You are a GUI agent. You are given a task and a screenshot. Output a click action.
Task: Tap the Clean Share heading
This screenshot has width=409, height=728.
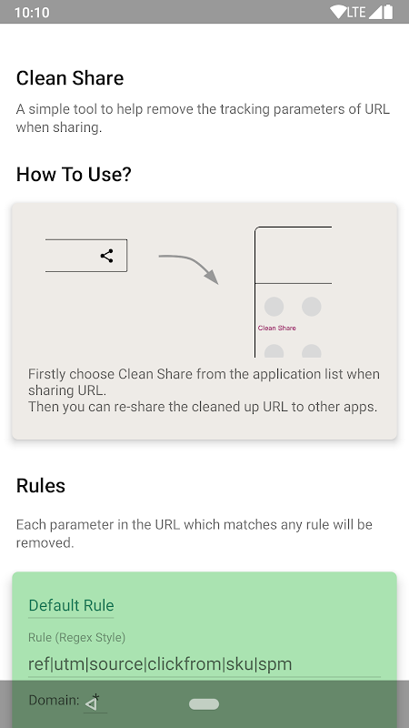point(70,78)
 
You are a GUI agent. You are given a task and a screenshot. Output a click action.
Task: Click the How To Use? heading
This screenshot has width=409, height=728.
point(74,175)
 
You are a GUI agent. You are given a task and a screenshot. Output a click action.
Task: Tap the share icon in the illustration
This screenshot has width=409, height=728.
point(106,256)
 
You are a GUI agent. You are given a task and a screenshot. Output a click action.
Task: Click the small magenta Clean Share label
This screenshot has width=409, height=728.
point(277,328)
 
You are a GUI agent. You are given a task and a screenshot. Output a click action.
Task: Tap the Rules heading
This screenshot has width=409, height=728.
point(41,486)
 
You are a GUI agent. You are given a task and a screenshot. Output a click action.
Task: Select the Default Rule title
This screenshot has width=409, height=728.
point(72,605)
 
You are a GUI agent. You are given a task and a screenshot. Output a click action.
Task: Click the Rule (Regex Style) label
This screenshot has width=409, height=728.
point(77,638)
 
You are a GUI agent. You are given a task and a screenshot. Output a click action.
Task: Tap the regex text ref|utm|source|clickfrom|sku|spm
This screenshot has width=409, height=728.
point(160,664)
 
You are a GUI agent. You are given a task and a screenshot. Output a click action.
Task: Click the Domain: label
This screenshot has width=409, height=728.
point(54,700)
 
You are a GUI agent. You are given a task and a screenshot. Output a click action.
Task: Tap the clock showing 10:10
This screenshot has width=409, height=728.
point(32,12)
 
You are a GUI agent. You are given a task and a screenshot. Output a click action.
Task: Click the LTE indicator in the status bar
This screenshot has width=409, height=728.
point(356,12)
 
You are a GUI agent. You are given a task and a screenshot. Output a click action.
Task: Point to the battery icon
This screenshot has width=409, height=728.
point(388,12)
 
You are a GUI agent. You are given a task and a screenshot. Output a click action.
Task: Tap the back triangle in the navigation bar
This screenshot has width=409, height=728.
point(92,704)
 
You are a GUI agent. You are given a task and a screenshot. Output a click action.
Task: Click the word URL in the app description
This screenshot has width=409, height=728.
point(377,109)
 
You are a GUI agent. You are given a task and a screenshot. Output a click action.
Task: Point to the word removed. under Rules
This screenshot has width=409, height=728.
point(45,542)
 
